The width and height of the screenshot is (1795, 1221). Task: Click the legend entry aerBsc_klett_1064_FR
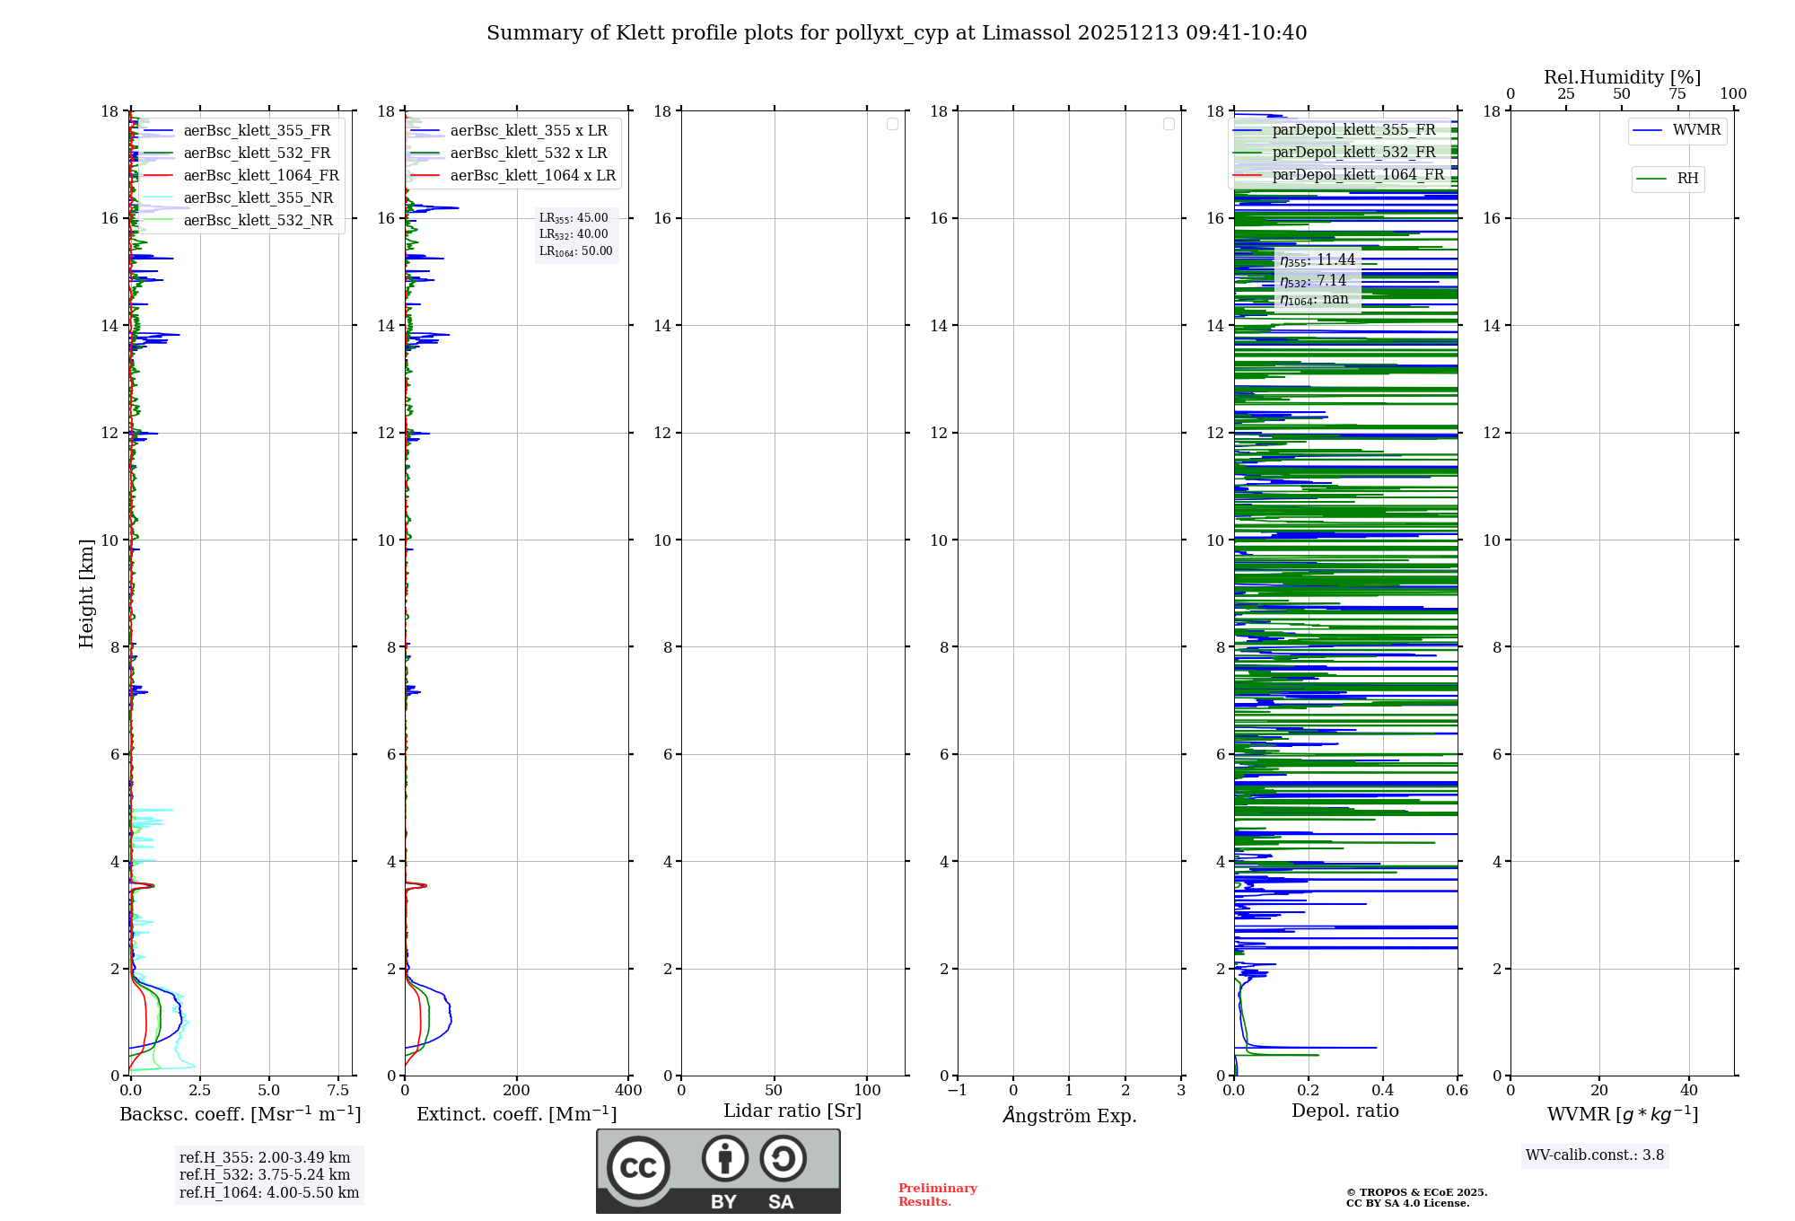pos(261,176)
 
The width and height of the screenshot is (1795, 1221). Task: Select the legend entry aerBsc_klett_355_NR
pos(258,198)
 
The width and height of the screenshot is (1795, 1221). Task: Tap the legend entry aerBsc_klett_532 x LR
pos(528,154)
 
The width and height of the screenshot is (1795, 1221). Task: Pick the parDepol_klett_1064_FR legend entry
pos(1358,175)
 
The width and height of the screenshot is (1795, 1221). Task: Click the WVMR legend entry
pos(1696,130)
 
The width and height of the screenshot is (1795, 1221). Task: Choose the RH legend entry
pos(1687,179)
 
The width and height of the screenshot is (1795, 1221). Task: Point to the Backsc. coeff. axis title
pos(241,1114)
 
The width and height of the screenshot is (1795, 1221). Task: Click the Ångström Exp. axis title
pos(1069,1115)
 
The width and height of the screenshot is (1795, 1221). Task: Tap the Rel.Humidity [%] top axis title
pos(1622,77)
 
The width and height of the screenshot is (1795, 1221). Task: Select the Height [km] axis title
pos(86,593)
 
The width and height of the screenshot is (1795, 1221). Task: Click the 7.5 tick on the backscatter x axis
pos(338,1091)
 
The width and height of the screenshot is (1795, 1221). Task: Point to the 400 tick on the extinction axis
pos(628,1091)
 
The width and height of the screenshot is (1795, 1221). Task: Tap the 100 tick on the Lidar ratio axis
pos(867,1091)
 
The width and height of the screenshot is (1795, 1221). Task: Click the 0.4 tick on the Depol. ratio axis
pos(1383,1091)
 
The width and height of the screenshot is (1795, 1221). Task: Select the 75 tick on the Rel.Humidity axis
pos(1677,94)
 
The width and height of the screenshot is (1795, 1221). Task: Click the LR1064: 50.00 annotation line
pos(575,251)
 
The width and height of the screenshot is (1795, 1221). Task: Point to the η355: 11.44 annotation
pos(1317,260)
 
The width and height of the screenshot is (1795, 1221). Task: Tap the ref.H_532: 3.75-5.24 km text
pos(265,1174)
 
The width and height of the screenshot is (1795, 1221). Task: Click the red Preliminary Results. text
pos(937,1195)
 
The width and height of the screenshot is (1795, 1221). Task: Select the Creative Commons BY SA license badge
pos(718,1171)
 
